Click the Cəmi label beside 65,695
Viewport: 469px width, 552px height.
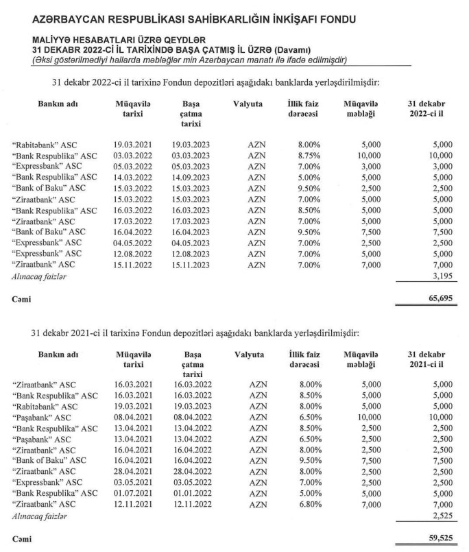click(21, 299)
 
